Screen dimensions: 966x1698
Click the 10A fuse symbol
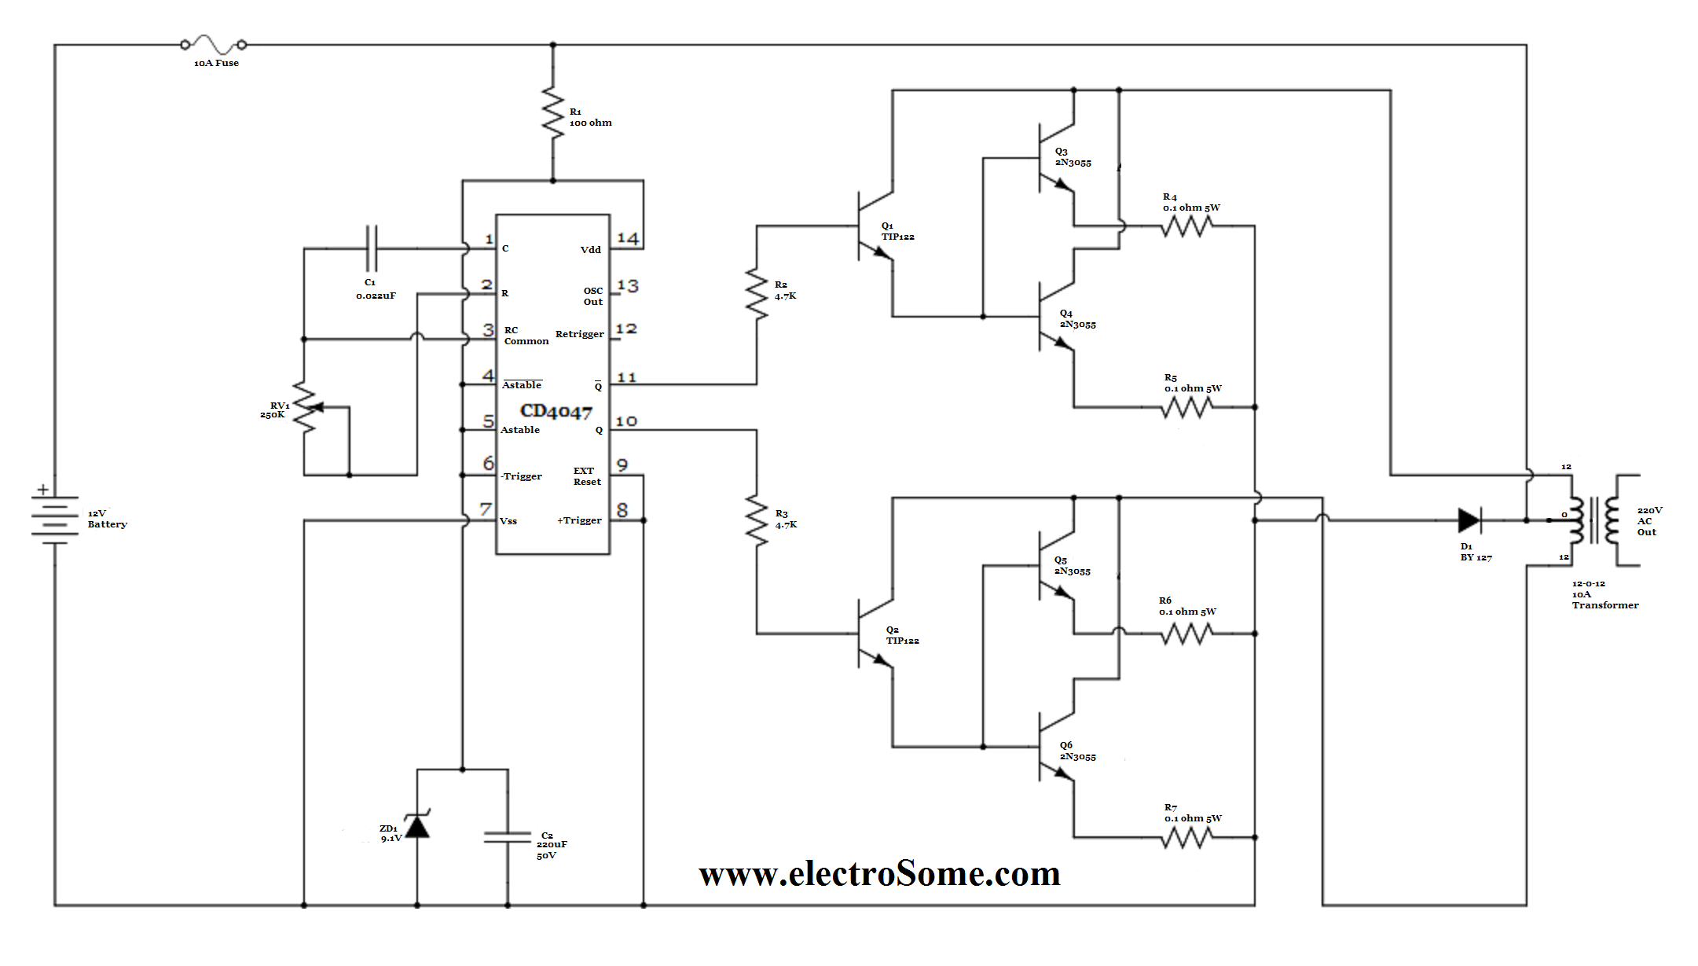pyautogui.click(x=213, y=44)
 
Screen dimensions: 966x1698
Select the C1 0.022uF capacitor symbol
pyautogui.click(x=372, y=249)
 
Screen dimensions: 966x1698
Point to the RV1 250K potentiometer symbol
pyautogui.click(x=306, y=409)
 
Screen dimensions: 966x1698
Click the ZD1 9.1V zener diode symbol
pyautogui.click(x=417, y=825)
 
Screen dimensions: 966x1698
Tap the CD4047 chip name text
pyautogui.click(x=556, y=411)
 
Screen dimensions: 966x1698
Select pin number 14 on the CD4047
pyautogui.click(x=628, y=238)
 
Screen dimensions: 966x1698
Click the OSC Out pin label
pyautogui.click(x=592, y=296)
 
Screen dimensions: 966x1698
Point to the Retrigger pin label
pyautogui.click(x=579, y=334)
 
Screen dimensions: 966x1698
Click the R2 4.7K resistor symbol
pyautogui.click(x=757, y=293)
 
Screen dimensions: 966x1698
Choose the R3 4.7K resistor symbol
pyautogui.click(x=757, y=520)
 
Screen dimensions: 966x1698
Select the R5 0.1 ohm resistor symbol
pyautogui.click(x=1186, y=407)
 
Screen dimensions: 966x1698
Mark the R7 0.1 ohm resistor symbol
pyautogui.click(x=1186, y=838)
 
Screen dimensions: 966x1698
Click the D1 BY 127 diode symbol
pyautogui.click(x=1469, y=520)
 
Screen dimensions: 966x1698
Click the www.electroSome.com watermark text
pyautogui.click(x=879, y=874)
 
